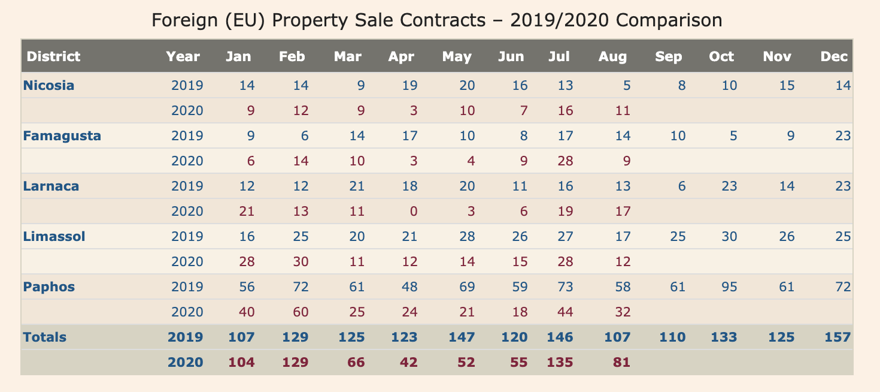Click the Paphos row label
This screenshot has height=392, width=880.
[49, 287]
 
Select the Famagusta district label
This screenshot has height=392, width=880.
[62, 135]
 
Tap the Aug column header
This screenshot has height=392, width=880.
[612, 56]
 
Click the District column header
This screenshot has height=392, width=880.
[54, 56]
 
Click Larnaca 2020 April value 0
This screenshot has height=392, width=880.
[410, 211]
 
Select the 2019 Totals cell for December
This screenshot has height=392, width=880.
[837, 337]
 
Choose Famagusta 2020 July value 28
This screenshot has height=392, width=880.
[564, 161]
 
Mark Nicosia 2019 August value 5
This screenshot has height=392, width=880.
[626, 85]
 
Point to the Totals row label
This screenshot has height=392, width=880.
[44, 337]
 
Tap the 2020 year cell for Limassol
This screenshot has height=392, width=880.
[187, 261]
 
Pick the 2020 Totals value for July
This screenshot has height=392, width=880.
[559, 362]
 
